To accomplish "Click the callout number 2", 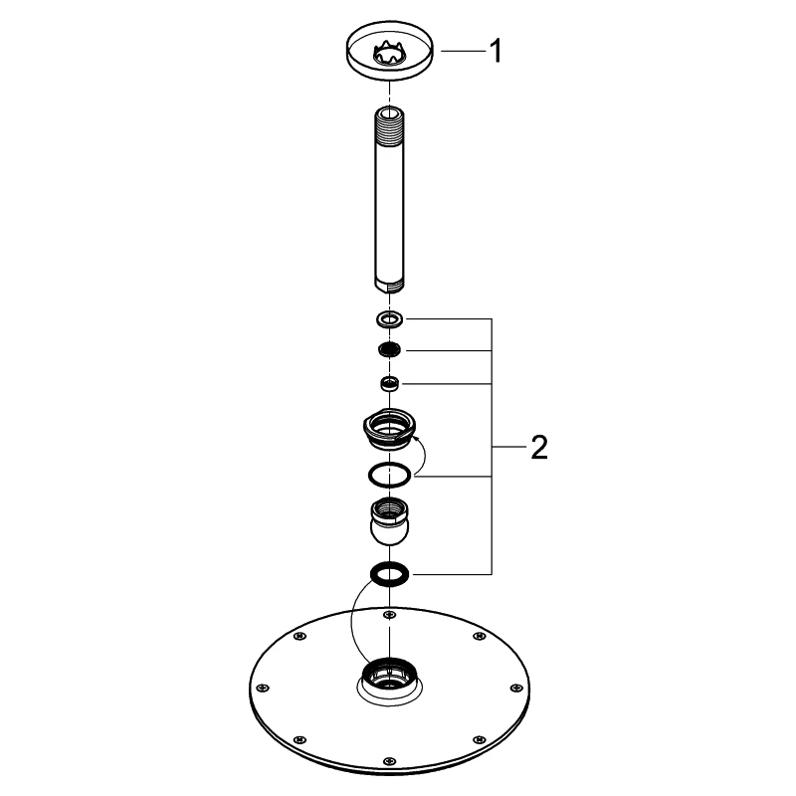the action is (538, 448).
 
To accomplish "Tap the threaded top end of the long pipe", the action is (389, 125).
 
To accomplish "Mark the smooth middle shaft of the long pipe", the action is (389, 209).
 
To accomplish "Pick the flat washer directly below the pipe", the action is (389, 319).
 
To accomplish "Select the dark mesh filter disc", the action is (389, 350).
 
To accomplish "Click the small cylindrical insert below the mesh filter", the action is (389, 383).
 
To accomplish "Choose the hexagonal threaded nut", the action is (389, 428).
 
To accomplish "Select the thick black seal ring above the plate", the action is (389, 574).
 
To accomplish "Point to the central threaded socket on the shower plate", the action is (388, 680).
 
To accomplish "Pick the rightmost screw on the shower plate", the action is (517, 687).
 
